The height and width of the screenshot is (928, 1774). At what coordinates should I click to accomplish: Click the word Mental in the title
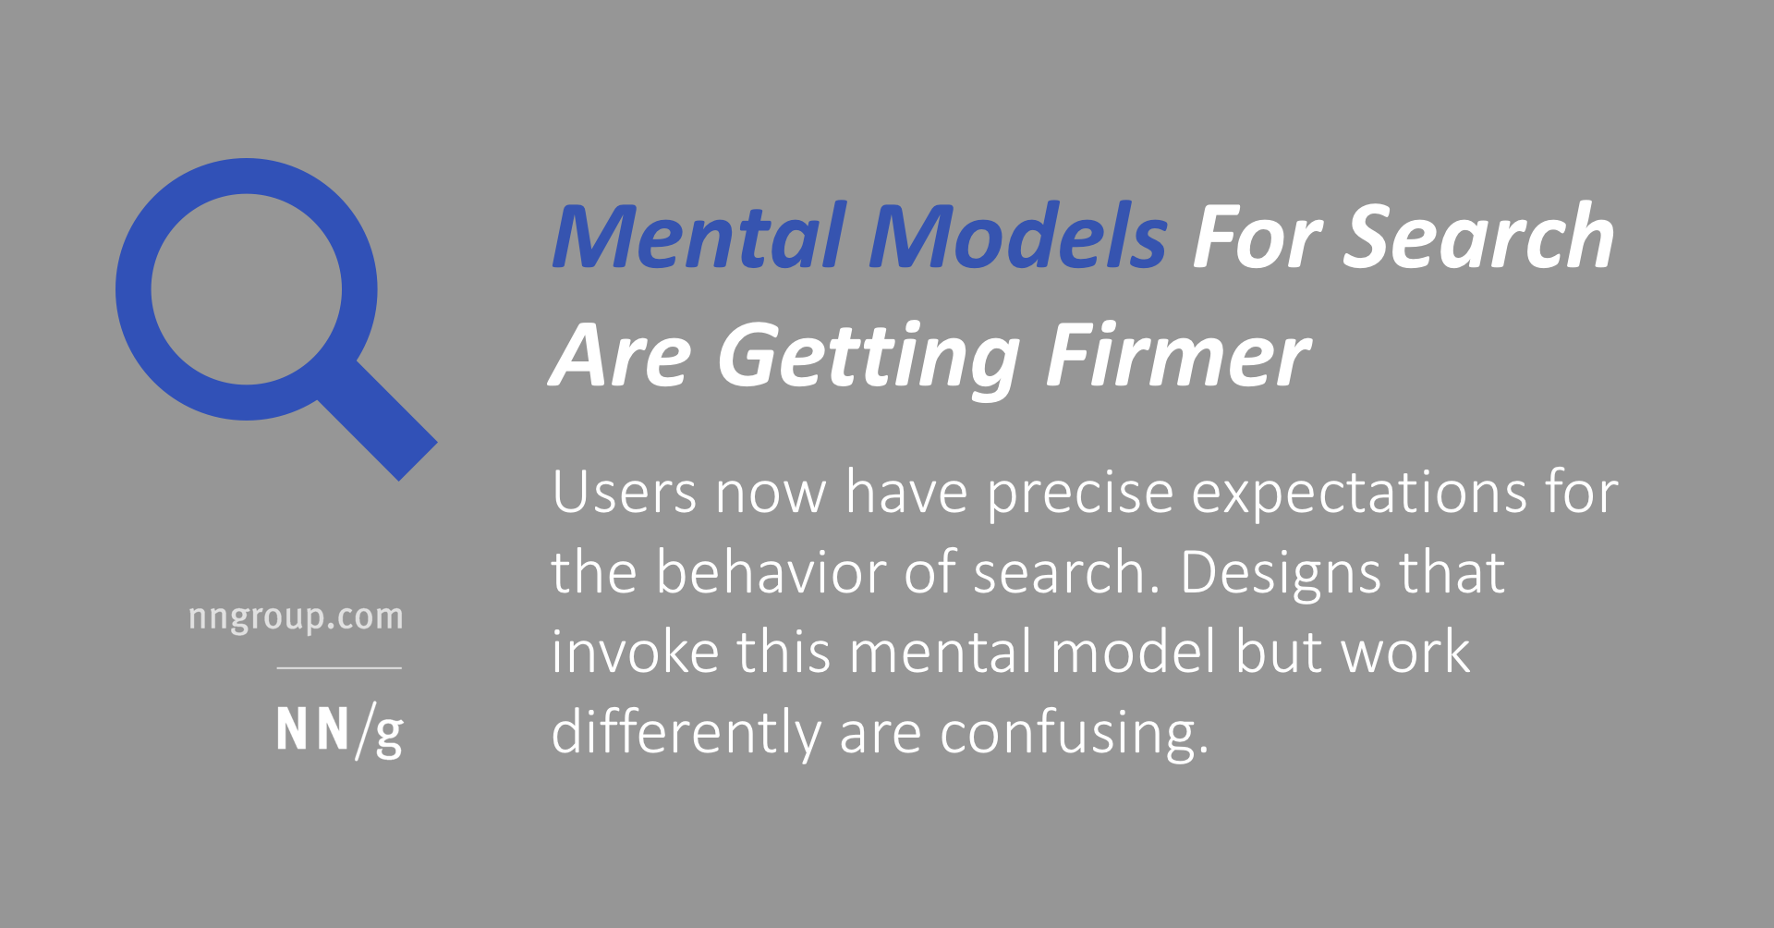click(x=699, y=238)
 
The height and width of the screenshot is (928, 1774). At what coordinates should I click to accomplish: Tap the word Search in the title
click(x=1478, y=238)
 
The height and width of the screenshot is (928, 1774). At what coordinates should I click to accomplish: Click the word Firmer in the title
click(x=1178, y=357)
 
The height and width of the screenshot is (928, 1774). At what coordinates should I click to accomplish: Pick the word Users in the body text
click(x=624, y=493)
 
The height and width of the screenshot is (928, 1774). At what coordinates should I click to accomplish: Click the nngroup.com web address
click(x=296, y=617)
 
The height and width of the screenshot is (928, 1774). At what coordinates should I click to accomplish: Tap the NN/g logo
click(x=339, y=731)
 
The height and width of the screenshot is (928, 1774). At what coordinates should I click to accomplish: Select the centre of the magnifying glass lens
click(x=246, y=289)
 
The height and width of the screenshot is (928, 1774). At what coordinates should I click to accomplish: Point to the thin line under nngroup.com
click(x=339, y=667)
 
